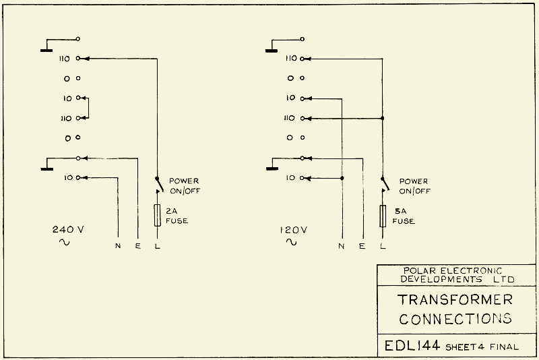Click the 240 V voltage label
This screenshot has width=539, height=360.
[68, 229]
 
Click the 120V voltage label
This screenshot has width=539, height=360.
[294, 229]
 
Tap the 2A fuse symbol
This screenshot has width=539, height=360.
[158, 216]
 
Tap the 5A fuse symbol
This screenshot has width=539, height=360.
[383, 216]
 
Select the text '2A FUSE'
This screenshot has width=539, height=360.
[177, 216]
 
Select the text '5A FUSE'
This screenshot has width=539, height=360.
[403, 216]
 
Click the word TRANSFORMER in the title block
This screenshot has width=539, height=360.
[455, 299]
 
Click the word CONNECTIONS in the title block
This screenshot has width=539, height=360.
[455, 318]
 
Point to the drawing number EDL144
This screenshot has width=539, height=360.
[412, 347]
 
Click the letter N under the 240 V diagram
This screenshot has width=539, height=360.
[118, 245]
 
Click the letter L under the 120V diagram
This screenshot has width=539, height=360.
[383, 245]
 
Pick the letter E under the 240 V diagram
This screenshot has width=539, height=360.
[137, 245]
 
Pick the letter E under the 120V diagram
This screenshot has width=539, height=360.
[362, 245]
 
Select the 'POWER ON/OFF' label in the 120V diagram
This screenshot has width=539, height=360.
[413, 186]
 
